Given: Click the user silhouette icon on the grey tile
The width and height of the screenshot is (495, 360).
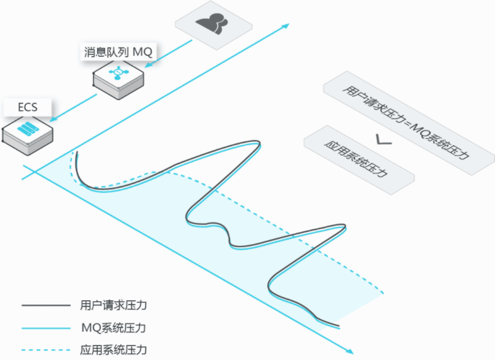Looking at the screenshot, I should (x=213, y=22).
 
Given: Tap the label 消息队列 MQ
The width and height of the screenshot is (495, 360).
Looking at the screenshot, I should (x=118, y=52).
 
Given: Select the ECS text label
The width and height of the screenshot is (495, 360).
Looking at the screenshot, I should (x=28, y=107).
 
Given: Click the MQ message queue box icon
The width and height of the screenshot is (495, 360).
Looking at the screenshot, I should (x=118, y=76).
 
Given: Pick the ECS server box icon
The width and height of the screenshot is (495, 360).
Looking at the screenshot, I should (x=27, y=132).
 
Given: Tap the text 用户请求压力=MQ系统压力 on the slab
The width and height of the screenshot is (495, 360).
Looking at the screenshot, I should (x=407, y=121).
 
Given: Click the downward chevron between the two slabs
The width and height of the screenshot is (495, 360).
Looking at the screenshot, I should (x=382, y=141).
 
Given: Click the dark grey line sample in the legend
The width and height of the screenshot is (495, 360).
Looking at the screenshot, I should (x=45, y=306).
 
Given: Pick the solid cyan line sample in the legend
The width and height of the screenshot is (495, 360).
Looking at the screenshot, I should (x=45, y=328).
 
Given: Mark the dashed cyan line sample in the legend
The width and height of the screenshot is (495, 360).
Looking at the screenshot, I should (x=45, y=349).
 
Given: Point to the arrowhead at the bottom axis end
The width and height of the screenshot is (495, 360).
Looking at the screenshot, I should (x=349, y=349).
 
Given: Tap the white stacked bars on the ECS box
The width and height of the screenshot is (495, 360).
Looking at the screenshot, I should (x=27, y=129).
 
